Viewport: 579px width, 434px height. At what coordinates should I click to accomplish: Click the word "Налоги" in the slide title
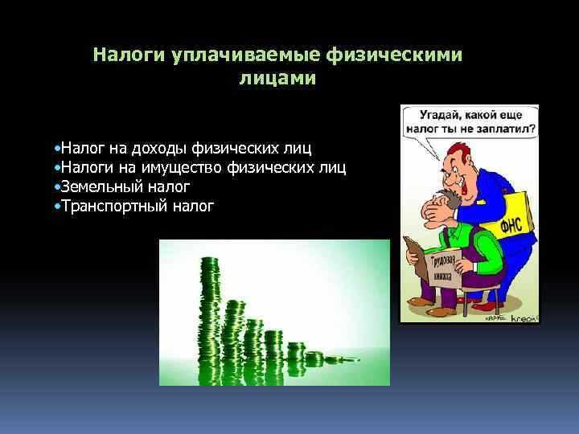coord(129,55)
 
